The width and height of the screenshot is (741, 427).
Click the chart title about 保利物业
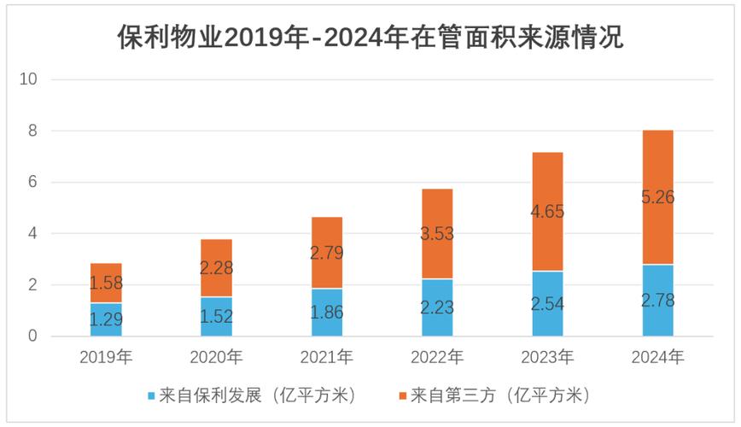[x=370, y=38]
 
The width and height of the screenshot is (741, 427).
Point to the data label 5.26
[x=657, y=197]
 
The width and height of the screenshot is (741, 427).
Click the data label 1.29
[x=106, y=320]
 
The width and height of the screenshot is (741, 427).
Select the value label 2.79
[x=327, y=252]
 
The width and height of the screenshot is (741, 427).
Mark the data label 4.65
[x=547, y=211]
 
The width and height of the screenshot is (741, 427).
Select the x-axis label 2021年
[x=327, y=357]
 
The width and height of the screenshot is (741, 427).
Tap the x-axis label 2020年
[x=216, y=357]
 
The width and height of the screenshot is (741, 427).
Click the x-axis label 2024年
[x=657, y=357]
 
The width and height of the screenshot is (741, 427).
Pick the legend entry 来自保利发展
[x=256, y=395]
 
